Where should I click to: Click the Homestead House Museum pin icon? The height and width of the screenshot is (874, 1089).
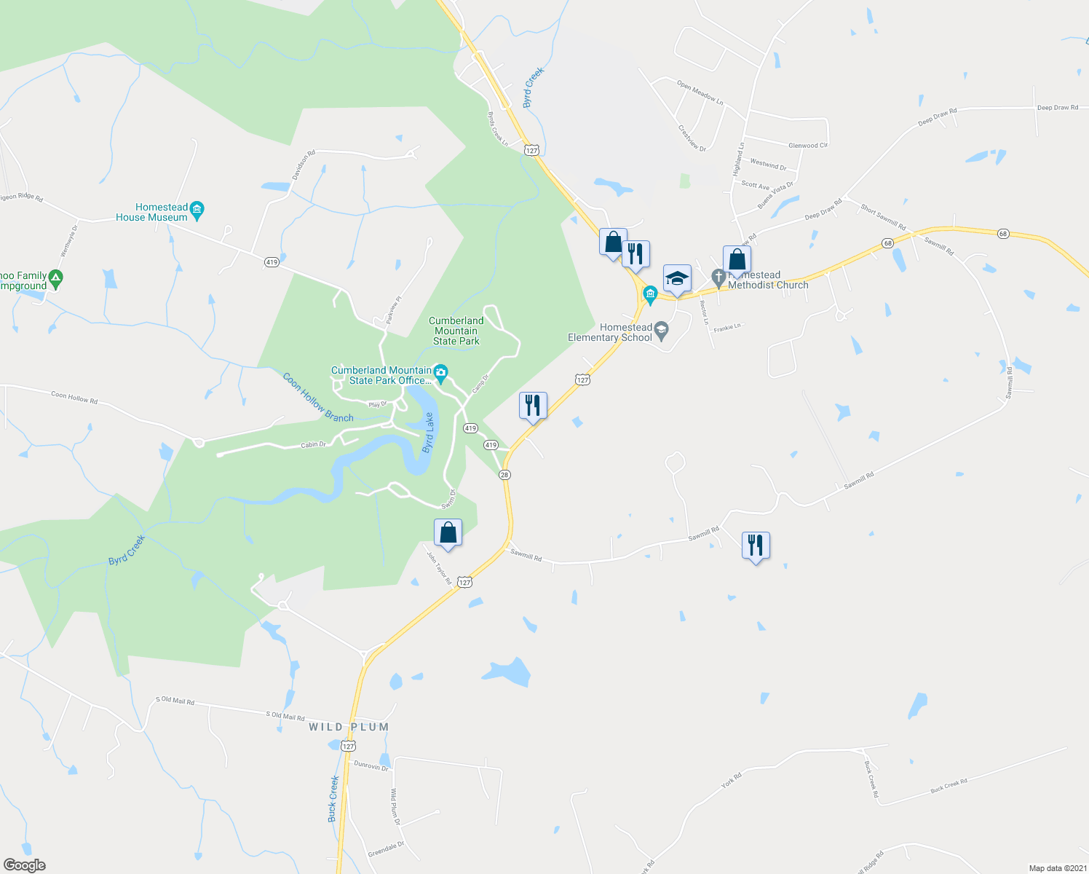click(197, 212)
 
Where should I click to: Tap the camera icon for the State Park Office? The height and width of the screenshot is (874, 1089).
click(440, 374)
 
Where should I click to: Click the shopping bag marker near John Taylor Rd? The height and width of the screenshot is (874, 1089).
click(448, 532)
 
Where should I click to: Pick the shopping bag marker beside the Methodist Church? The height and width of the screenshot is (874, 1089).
click(737, 260)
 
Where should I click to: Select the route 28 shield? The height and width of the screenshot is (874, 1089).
click(504, 475)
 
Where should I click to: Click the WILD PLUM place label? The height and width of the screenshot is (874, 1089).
click(349, 727)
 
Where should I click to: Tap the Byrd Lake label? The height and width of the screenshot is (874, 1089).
click(429, 433)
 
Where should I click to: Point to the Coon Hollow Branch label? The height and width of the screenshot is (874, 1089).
click(318, 398)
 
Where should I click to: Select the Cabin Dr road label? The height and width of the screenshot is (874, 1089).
click(314, 444)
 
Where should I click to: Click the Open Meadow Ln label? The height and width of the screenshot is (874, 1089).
click(700, 92)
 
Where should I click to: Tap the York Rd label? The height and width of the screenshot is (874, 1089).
click(731, 780)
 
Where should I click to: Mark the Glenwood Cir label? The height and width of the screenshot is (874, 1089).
click(808, 146)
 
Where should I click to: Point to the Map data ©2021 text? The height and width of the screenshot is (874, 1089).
click(1057, 868)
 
